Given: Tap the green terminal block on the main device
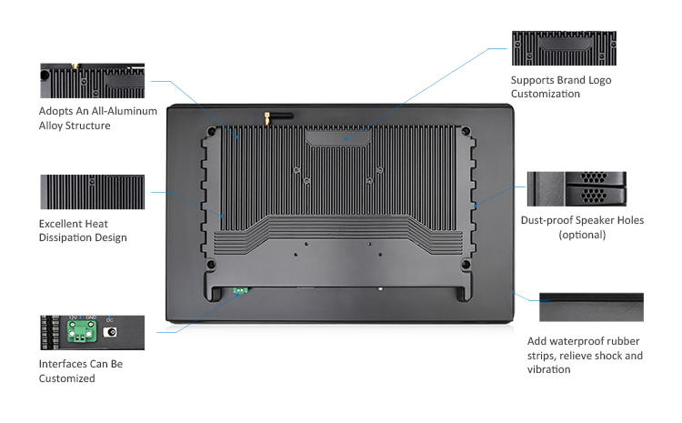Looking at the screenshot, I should (x=242, y=291).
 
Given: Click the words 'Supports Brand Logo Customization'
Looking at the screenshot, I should (x=560, y=86).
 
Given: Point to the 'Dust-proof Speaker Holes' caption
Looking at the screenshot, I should (x=582, y=220).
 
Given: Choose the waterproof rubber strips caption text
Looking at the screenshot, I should (x=585, y=355).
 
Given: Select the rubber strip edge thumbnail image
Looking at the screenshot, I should (x=591, y=307).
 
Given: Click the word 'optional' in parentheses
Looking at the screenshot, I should (x=582, y=235).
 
